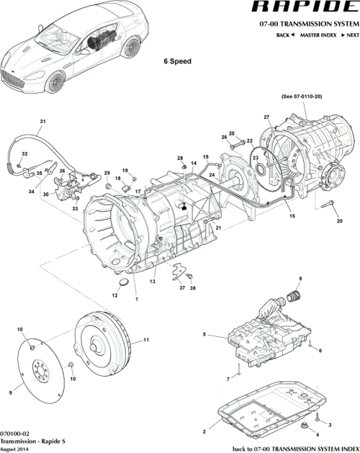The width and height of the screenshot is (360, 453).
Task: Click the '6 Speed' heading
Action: click(x=177, y=62)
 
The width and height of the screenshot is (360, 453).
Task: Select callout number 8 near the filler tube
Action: click(x=300, y=279)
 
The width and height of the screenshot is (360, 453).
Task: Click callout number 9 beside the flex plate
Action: click(x=10, y=393)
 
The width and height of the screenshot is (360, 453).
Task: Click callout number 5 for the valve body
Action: click(x=204, y=335)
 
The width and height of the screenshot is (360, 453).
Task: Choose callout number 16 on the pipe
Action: click(x=292, y=215)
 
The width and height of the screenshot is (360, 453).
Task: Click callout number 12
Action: click(x=114, y=295)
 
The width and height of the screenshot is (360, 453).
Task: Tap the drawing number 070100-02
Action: click(x=17, y=434)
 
